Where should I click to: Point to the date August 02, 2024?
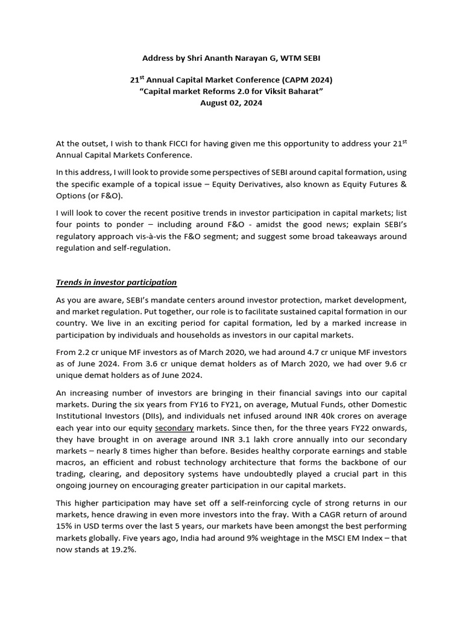pyautogui.click(x=231, y=102)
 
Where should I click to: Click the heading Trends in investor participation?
pyautogui.click(x=116, y=282)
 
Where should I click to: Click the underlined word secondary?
pyautogui.click(x=174, y=428)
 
